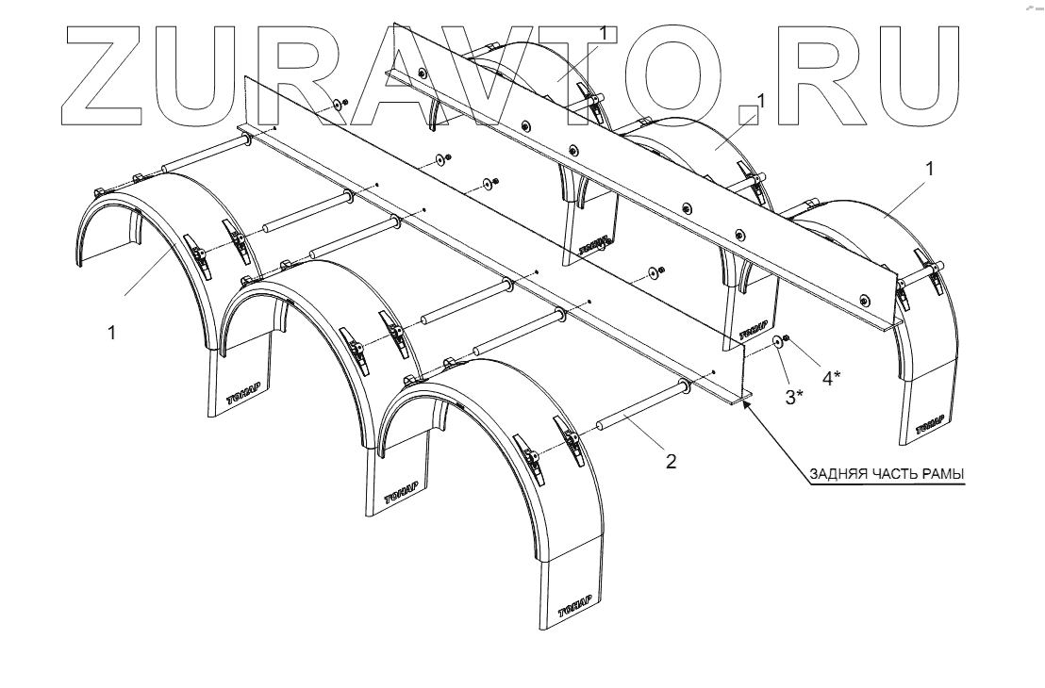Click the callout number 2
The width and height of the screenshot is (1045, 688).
671,462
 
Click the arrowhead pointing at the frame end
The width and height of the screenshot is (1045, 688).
747,403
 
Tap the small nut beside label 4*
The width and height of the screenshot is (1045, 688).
788,340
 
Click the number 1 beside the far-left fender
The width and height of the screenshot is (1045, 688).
112,333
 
